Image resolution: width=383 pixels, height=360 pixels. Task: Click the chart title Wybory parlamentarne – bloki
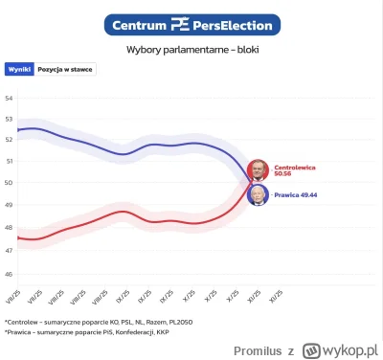point(191,49)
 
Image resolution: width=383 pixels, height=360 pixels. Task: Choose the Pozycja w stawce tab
point(65,70)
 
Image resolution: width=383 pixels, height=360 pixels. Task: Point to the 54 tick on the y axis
point(8,99)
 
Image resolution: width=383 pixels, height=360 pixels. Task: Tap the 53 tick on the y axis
point(8,120)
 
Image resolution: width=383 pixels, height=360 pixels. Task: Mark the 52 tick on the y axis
point(8,141)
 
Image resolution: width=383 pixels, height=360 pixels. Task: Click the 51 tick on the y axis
point(8,162)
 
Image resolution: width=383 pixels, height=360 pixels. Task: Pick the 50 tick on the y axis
point(8,183)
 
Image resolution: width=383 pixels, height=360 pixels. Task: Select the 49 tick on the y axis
point(8,204)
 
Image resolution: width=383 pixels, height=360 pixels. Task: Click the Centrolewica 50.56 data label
point(295,170)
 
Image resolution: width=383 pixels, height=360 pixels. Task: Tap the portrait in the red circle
point(259,171)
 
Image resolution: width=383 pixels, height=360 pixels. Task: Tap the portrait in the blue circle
point(259,194)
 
